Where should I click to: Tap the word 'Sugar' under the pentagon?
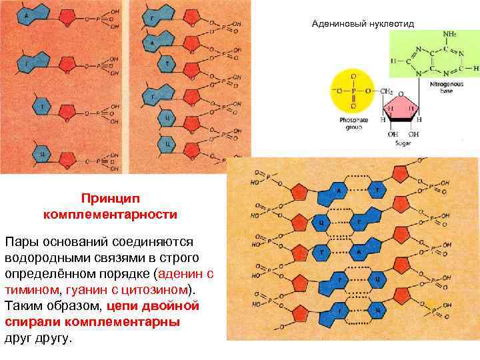point(403,143)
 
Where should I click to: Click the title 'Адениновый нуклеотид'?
point(363,24)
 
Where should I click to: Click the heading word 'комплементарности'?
point(110,215)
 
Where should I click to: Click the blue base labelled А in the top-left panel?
point(27,16)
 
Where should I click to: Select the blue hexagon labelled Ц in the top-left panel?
point(42,155)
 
